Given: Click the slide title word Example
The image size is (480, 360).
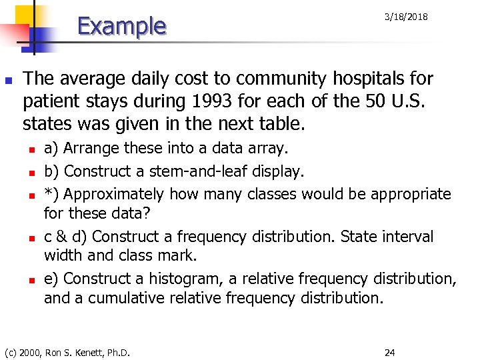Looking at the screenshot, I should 121,26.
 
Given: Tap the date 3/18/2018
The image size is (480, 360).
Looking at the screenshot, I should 406,17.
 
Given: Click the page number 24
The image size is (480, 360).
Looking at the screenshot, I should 389,352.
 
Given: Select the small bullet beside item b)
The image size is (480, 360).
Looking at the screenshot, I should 31,172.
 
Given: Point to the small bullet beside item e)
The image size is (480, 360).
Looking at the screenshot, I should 31,279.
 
